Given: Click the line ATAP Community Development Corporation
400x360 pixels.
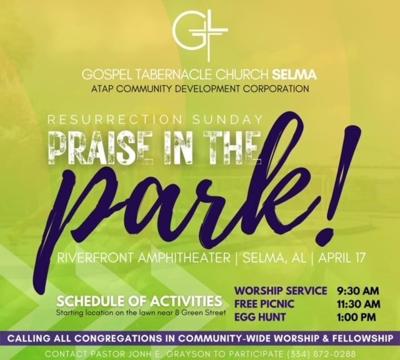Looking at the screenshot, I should click(x=199, y=90).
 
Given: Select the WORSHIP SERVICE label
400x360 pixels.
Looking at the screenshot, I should click(x=273, y=291).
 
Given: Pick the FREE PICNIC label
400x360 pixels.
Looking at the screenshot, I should click(x=262, y=304).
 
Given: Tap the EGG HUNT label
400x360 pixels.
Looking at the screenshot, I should click(x=257, y=317).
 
